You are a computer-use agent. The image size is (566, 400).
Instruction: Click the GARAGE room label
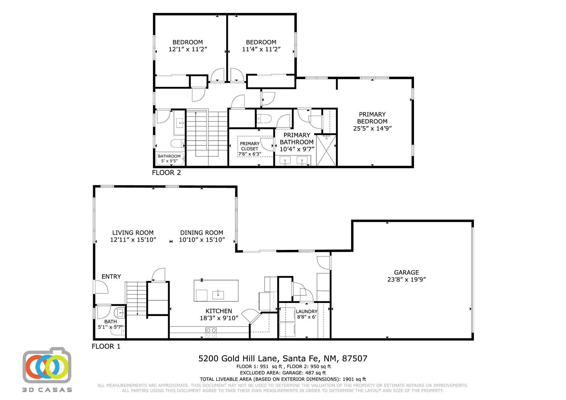406,272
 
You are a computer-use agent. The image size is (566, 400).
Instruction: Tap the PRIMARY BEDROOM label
372,118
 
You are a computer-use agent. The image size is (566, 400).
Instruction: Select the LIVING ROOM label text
133,233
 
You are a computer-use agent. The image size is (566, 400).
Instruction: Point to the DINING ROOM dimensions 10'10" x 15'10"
202,240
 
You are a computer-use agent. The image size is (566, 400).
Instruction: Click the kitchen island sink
218,295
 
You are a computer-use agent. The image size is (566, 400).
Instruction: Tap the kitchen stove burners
211,332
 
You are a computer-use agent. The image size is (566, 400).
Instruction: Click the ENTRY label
111,277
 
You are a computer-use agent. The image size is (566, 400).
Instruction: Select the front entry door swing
101,287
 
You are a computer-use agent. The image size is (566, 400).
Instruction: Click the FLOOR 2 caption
166,173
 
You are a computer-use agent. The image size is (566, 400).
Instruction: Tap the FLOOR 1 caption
106,346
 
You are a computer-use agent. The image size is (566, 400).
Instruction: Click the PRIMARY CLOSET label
250,146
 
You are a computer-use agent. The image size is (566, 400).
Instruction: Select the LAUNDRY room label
306,312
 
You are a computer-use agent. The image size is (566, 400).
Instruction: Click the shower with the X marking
326,151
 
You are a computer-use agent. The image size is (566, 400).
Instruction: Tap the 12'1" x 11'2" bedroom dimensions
188,49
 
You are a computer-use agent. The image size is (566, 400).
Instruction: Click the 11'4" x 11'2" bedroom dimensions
261,49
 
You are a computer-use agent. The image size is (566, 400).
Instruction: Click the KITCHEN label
219,311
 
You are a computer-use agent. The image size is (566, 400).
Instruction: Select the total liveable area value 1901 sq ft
354,379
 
